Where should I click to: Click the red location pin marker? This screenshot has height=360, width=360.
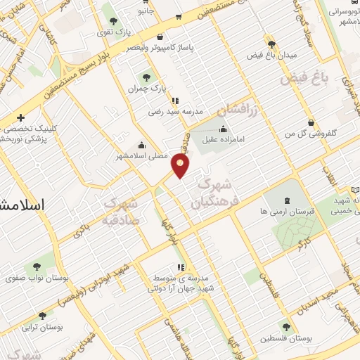point(181,166)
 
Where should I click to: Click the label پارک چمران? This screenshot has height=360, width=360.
point(146,89)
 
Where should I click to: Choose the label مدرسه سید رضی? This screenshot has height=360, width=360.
point(175,111)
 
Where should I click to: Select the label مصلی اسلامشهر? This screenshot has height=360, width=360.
point(142,156)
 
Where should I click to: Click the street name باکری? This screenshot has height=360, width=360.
point(82,229)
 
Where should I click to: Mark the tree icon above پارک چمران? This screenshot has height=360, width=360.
point(146,77)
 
